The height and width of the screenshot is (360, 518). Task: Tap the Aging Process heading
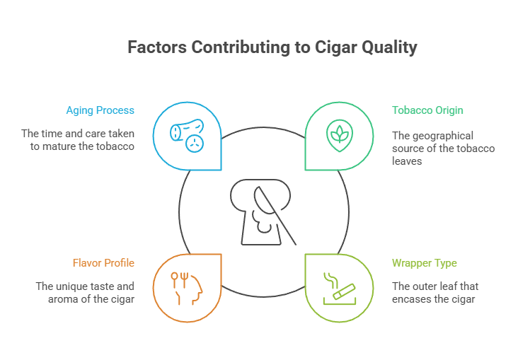[100, 110]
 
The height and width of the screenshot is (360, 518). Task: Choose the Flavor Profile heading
[103, 263]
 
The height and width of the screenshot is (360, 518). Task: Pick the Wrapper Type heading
[425, 263]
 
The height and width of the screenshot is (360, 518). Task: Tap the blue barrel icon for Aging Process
[188, 136]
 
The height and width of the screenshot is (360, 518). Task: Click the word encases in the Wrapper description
[410, 300]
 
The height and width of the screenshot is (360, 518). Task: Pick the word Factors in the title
[158, 48]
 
